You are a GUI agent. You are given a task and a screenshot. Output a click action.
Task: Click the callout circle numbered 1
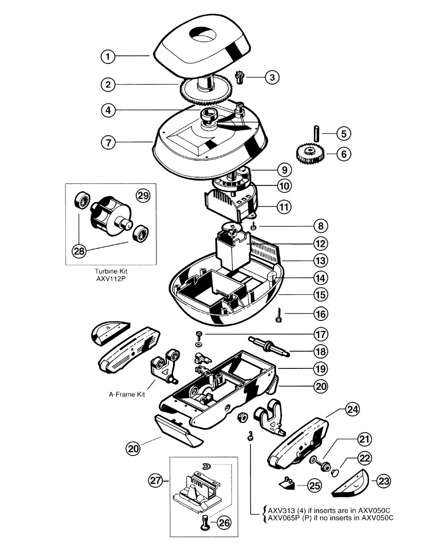[x=108, y=57]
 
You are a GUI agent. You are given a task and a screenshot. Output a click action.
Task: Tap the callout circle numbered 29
[x=143, y=196]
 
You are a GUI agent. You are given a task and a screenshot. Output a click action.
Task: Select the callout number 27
[x=156, y=481]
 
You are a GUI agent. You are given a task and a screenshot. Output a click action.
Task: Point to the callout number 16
[x=321, y=314]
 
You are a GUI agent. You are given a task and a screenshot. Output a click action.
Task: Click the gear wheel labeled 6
[x=310, y=154]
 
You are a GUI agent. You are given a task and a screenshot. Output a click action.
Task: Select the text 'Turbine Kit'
[x=111, y=271]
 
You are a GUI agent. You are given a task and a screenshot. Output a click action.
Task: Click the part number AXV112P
[x=111, y=279]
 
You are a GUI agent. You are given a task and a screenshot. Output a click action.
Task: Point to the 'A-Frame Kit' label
[x=127, y=394]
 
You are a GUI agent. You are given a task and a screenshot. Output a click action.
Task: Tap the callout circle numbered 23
[x=384, y=481]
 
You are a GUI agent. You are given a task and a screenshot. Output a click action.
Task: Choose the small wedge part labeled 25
[x=287, y=484]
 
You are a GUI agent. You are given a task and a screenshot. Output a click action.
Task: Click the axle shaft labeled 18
[x=268, y=347]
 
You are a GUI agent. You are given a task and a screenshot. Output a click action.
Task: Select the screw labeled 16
[x=278, y=315]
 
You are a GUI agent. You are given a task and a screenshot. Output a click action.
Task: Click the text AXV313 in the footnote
[x=281, y=511]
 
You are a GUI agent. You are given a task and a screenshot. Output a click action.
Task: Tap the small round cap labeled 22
[x=336, y=472]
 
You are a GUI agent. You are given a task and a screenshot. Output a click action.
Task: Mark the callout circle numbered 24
[x=352, y=409]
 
